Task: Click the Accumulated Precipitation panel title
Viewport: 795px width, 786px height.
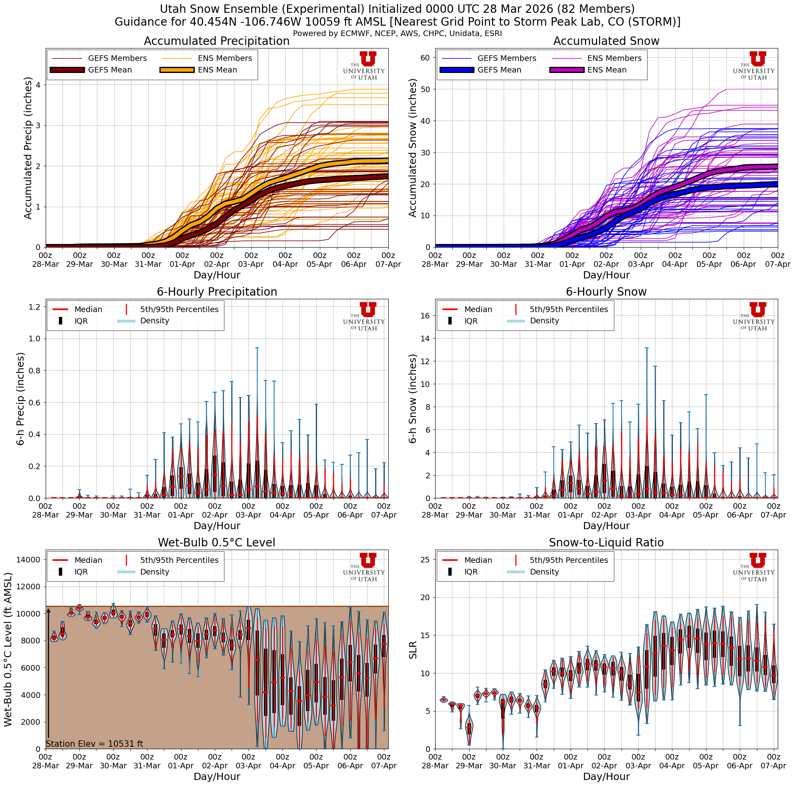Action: (216, 41)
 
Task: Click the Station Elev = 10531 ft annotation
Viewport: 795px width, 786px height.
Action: (94, 744)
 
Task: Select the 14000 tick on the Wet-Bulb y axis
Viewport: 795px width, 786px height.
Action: (28, 559)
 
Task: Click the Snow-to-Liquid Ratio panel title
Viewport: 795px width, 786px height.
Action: (606, 542)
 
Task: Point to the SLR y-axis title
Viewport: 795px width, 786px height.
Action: (413, 649)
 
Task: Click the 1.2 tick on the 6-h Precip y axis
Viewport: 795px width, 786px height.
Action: (35, 307)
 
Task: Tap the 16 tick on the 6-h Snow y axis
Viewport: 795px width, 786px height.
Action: (425, 315)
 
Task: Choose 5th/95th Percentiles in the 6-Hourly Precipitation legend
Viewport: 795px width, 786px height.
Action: (179, 309)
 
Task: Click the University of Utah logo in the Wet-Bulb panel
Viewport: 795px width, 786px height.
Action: (364, 567)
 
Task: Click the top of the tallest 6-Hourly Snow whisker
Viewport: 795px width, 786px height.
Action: (646, 348)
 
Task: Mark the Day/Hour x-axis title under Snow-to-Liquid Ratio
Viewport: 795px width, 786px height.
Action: (606, 776)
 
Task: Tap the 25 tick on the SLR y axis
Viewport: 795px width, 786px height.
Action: (425, 559)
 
